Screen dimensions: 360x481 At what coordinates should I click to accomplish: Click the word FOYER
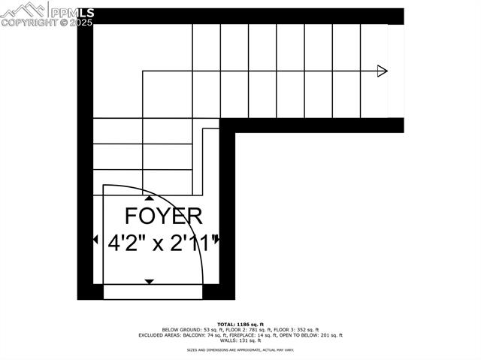point(163,216)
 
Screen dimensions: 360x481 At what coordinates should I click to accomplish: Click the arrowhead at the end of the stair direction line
point(382,71)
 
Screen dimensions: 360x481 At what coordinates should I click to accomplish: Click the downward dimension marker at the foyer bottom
point(149,281)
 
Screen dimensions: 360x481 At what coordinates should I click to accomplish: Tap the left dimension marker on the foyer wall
point(95,240)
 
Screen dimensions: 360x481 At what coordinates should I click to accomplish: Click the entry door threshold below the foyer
point(153,292)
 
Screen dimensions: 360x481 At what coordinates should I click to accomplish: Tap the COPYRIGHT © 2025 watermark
point(47,23)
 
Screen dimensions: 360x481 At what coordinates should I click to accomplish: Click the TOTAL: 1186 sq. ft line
point(240,323)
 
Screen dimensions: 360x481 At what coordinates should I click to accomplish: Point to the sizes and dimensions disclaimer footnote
point(240,350)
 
